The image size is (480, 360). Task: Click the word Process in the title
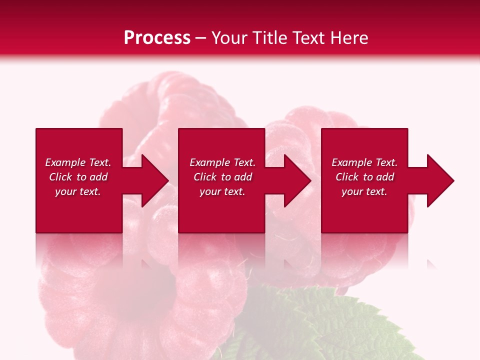pyautogui.click(x=157, y=38)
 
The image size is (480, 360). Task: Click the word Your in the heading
pyautogui.click(x=229, y=38)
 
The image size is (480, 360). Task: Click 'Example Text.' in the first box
pyautogui.click(x=78, y=162)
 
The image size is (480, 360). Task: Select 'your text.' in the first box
pyautogui.click(x=78, y=191)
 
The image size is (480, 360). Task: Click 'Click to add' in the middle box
pyautogui.click(x=222, y=177)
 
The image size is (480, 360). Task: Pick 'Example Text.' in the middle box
pyautogui.click(x=222, y=162)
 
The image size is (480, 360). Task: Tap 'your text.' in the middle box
pyautogui.click(x=222, y=191)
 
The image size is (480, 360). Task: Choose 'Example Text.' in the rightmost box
pyautogui.click(x=364, y=162)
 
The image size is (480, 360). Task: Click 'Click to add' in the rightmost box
pyautogui.click(x=364, y=177)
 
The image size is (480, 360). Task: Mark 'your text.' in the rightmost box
pyautogui.click(x=364, y=191)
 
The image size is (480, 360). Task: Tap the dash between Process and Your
pyautogui.click(x=200, y=38)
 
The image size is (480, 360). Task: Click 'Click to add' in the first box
pyautogui.click(x=78, y=177)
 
